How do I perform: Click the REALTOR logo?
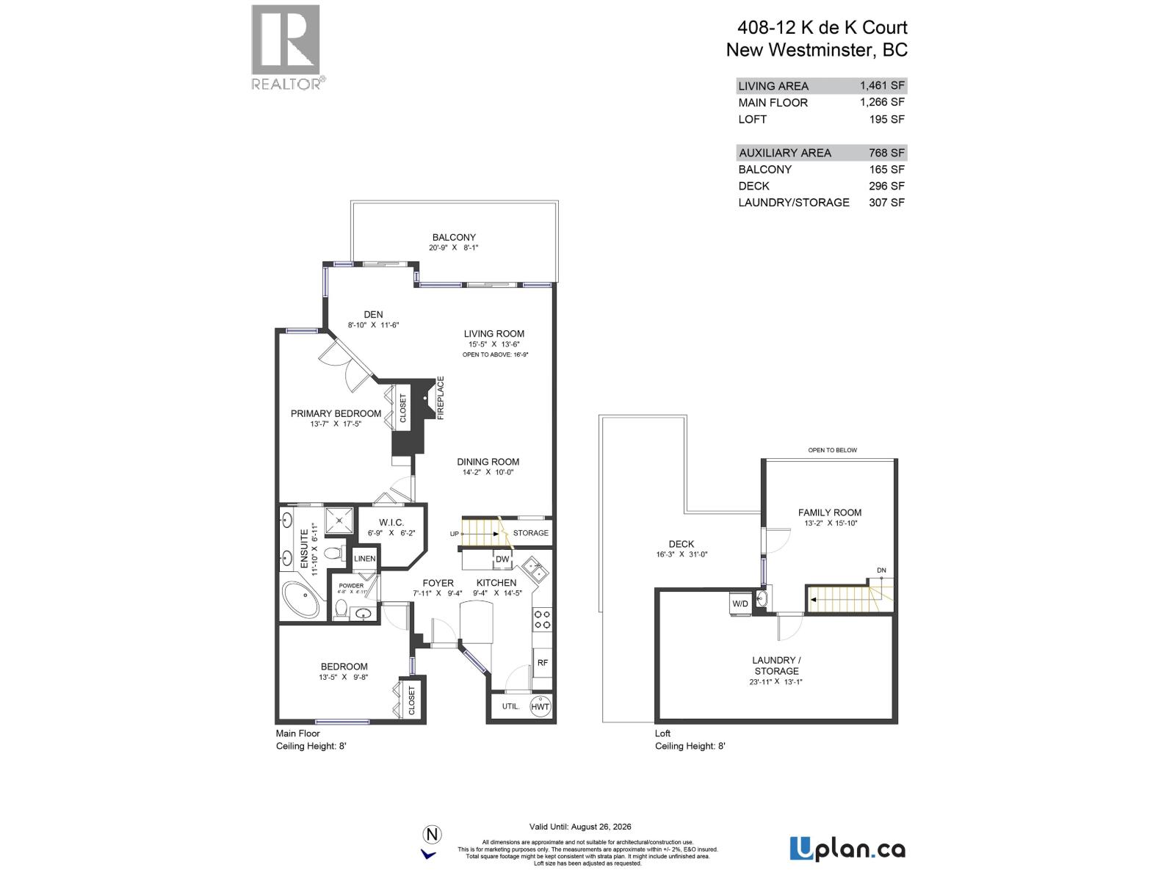tap(286, 47)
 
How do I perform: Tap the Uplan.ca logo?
tap(847, 849)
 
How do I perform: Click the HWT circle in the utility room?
tap(540, 706)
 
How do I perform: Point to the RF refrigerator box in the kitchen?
tap(542, 662)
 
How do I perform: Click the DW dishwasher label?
tap(502, 559)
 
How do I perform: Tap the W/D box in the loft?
tap(740, 603)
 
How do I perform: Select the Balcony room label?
tap(454, 237)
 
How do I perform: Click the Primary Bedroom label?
tap(336, 413)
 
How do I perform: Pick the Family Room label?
tap(830, 512)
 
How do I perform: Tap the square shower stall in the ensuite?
tap(339, 521)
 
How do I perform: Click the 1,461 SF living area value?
tap(882, 86)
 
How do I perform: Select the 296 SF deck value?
tap(886, 186)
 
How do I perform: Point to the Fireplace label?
tap(441, 398)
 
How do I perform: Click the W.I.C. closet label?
tap(391, 523)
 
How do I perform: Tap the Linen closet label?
tap(365, 559)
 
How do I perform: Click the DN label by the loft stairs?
tap(881, 570)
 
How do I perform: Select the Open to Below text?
tap(832, 450)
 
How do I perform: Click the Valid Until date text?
tap(580, 827)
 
